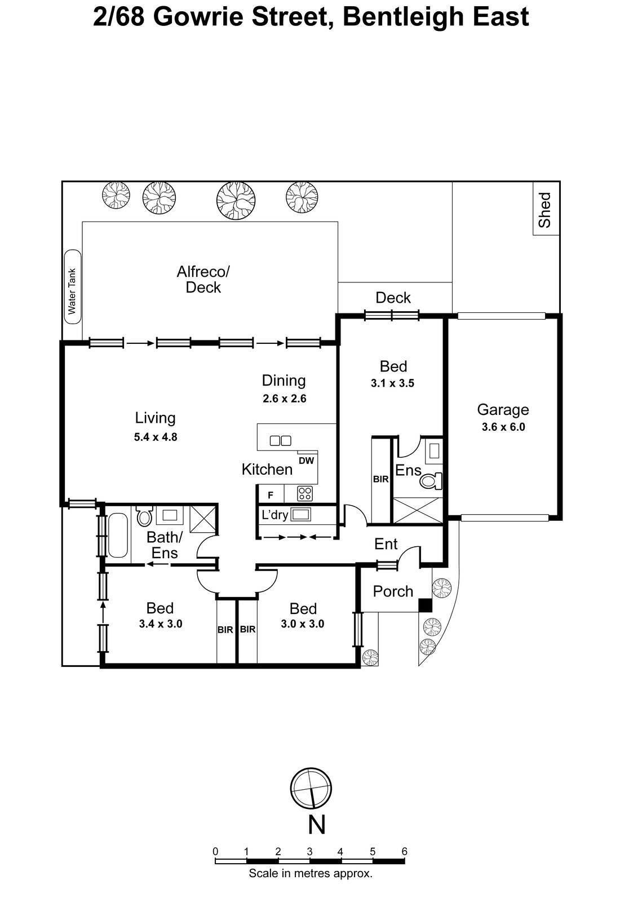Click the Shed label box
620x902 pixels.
coord(546,209)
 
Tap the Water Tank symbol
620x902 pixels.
coord(73,288)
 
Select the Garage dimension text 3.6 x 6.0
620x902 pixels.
coord(503,427)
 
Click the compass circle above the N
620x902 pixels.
coord(311,789)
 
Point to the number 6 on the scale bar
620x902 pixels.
coord(404,851)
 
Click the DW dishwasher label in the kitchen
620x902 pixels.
coord(306,461)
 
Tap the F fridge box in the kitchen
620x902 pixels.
coord(271,495)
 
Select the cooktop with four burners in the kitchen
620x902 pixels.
coord(305,494)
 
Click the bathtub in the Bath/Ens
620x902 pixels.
coord(118,534)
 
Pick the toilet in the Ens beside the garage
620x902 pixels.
coord(431,481)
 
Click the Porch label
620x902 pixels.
coord(393,591)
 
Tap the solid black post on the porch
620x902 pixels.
coord(425,605)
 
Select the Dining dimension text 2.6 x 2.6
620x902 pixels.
coord(284,399)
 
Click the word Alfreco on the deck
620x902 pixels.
coord(203,272)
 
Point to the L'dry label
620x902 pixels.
coord(275,515)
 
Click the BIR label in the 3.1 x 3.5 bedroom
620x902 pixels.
coord(380,479)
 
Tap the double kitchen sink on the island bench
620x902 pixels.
coord(280,441)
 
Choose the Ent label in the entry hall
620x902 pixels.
coord(386,544)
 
